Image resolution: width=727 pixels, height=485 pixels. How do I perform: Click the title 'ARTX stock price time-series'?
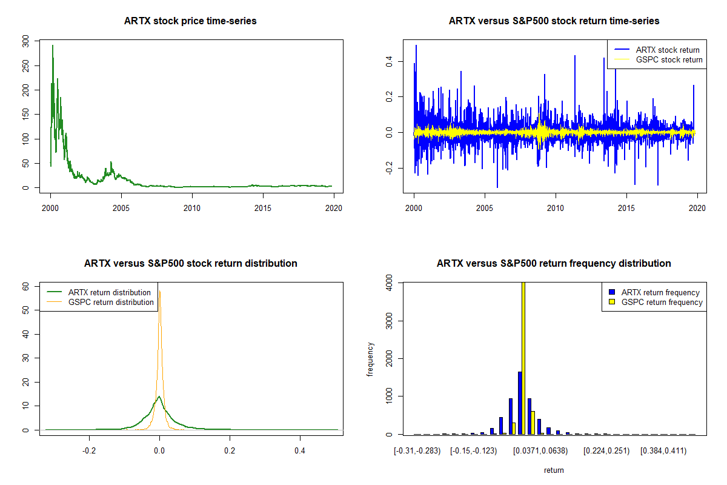190,21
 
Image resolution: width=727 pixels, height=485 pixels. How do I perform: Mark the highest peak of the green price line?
53,45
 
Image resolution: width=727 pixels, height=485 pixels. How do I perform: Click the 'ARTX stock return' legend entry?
667,50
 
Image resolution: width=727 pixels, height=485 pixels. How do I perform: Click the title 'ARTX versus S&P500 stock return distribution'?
190,264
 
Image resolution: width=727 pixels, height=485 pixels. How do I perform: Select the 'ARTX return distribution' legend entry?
110,293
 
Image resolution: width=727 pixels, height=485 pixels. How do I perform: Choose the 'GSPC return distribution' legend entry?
111,303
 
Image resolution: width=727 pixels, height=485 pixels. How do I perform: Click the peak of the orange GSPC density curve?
160,292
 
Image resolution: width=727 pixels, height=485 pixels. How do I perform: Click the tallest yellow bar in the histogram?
523,358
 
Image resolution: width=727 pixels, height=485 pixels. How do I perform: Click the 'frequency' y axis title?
370,359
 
